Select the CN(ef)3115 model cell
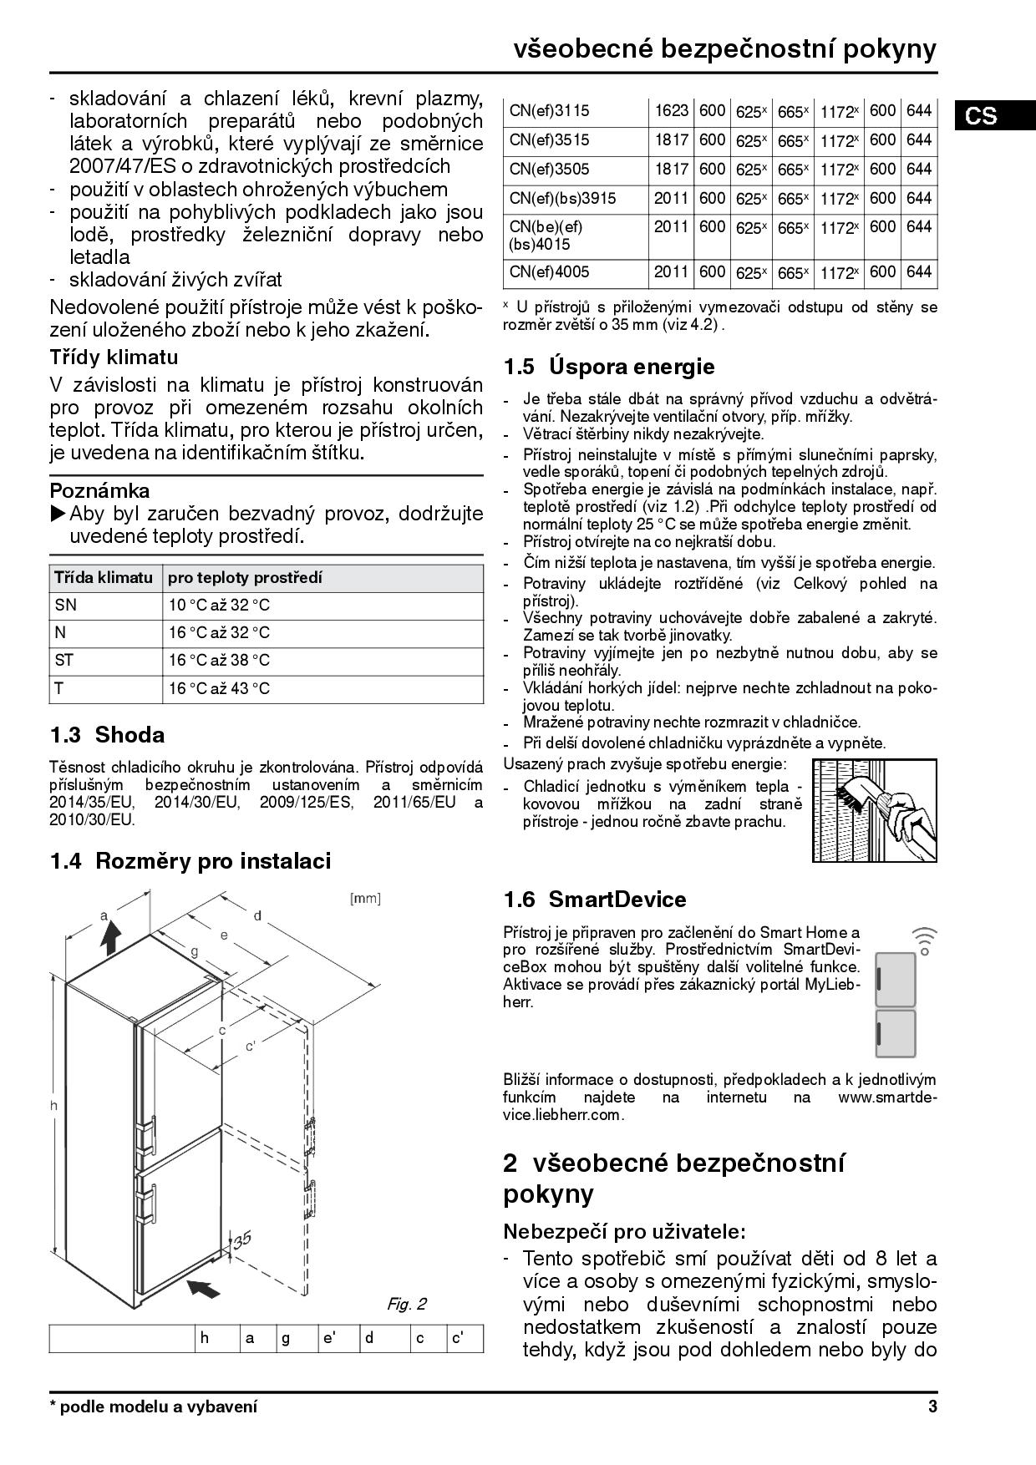(549, 111)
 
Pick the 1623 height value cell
(671, 111)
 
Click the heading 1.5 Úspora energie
(609, 367)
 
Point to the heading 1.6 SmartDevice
(594, 900)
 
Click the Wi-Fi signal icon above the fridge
(924, 940)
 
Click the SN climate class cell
(65, 606)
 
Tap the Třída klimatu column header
(104, 578)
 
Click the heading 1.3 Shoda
(107, 735)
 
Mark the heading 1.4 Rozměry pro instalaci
(190, 861)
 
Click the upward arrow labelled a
(109, 935)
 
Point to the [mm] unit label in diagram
(364, 899)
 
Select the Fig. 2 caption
(406, 1304)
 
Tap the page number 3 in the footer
(932, 1407)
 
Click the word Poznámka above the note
(99, 490)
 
